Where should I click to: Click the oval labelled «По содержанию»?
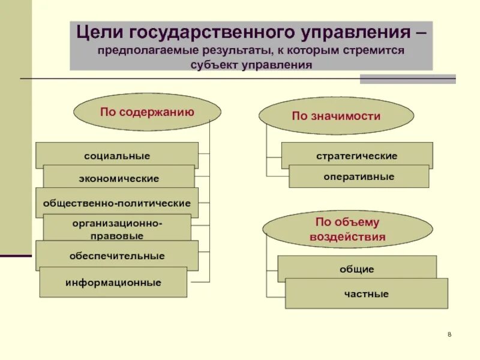click(x=147, y=112)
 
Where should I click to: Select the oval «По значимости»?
click(x=336, y=116)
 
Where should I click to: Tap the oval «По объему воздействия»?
click(x=347, y=230)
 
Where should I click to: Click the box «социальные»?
click(x=117, y=155)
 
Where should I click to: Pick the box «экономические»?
click(x=119, y=178)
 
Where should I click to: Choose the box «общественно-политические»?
click(x=117, y=203)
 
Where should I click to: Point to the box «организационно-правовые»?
click(x=117, y=229)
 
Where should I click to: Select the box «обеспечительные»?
click(x=117, y=256)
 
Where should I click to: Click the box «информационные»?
click(x=113, y=282)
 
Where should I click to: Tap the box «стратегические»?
click(x=357, y=155)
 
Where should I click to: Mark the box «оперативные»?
click(x=359, y=176)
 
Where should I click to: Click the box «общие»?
click(x=357, y=269)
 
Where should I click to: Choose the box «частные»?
click(x=367, y=294)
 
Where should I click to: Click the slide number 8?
click(x=449, y=334)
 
